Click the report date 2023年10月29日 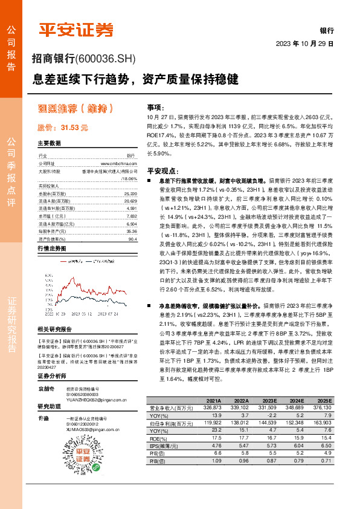[x=304, y=44]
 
